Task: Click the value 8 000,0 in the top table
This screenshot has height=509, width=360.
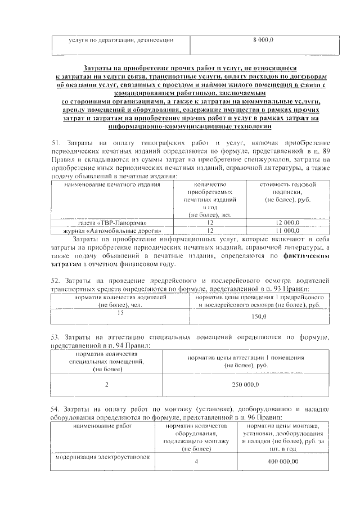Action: [x=262, y=40]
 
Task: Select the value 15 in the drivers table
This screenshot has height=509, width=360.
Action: [x=120, y=312]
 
